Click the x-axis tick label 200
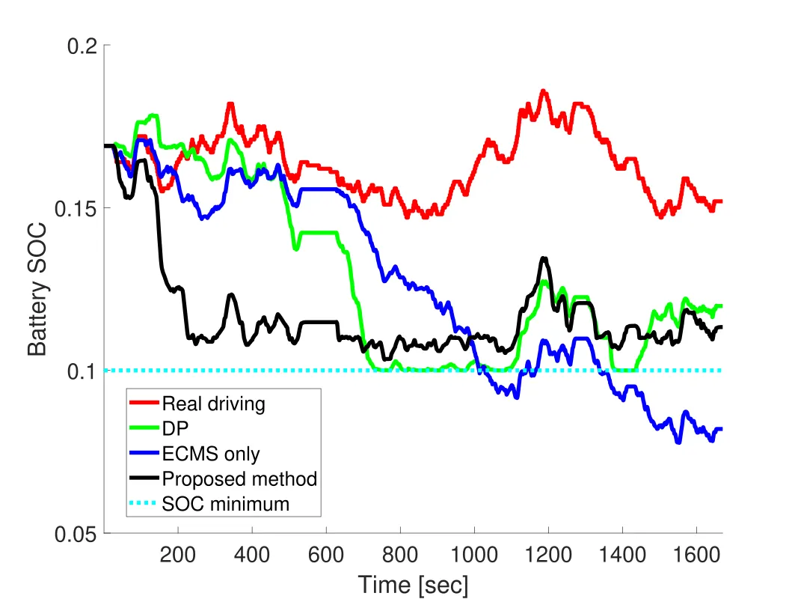pyautogui.click(x=178, y=556)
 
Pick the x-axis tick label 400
pyautogui.click(x=252, y=556)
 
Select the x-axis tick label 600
pyautogui.click(x=326, y=556)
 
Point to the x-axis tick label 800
pyautogui.click(x=400, y=556)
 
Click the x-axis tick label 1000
pyautogui.click(x=474, y=556)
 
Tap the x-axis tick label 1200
pyautogui.click(x=548, y=556)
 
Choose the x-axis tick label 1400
pyautogui.click(x=622, y=556)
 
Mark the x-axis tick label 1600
pyautogui.click(x=696, y=556)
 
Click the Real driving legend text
pyautogui.click(x=213, y=404)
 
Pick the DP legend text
pyautogui.click(x=174, y=429)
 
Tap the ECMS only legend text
pyautogui.click(x=211, y=454)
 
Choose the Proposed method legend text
pyautogui.click(x=239, y=478)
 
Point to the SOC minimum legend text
pyautogui.click(x=225, y=503)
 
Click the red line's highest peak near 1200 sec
pyautogui.click(x=543, y=91)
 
